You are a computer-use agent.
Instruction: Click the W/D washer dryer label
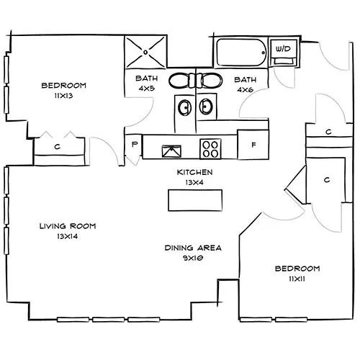tap(282, 49)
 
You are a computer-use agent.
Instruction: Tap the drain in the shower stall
tap(146, 51)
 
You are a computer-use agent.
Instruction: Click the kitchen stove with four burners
tap(211, 149)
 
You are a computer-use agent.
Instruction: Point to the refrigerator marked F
tap(253, 145)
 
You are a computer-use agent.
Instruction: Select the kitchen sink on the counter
tap(171, 150)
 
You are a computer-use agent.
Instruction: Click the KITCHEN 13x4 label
tap(194, 177)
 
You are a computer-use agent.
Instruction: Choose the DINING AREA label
tap(193, 252)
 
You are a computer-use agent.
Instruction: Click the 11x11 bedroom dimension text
tap(292, 279)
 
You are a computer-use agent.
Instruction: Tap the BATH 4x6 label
tap(245, 84)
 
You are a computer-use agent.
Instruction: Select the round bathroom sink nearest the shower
tap(184, 108)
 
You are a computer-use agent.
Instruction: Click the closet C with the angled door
tap(326, 179)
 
